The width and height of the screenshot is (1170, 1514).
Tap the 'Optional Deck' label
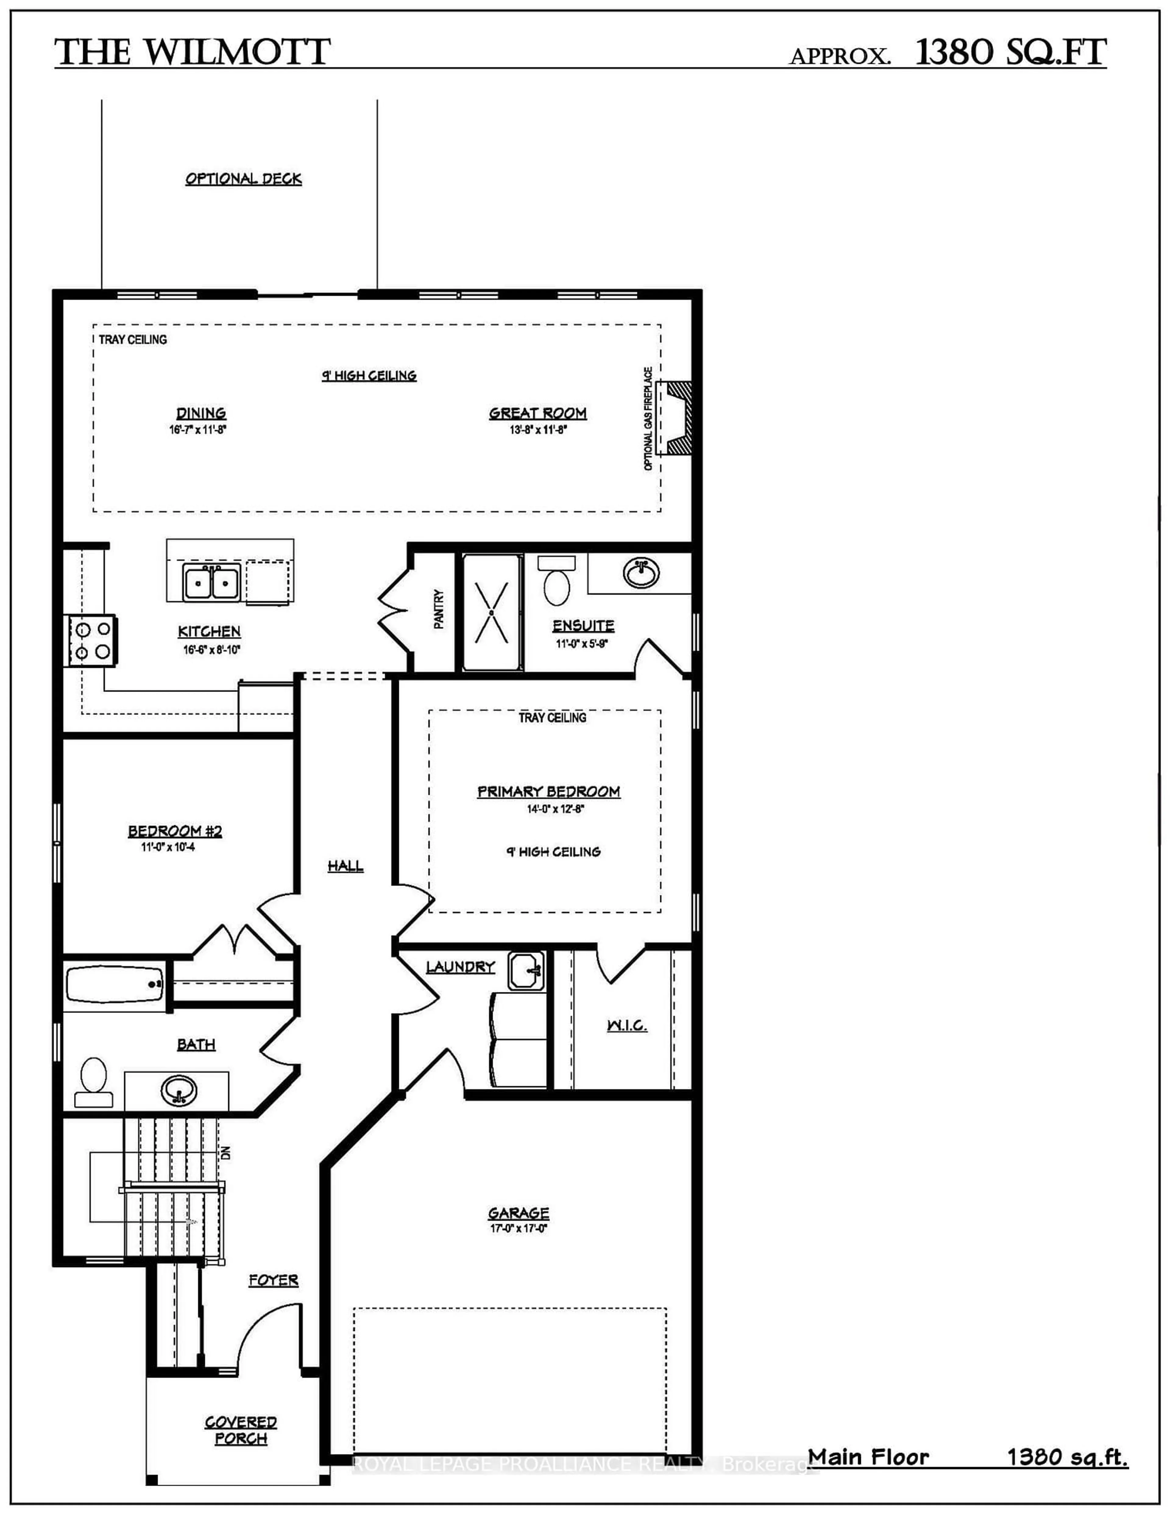click(243, 179)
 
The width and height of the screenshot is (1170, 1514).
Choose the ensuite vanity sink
click(641, 573)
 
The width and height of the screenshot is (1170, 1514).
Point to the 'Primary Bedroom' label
click(548, 792)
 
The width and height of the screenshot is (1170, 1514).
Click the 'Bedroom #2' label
click(175, 831)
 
